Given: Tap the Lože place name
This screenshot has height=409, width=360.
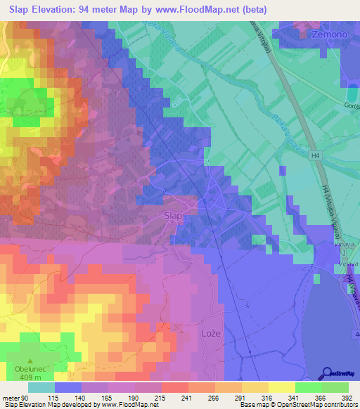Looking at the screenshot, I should coord(212,333).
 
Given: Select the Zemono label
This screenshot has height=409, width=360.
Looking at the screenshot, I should coord(314,34).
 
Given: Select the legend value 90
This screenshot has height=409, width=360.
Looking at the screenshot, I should coord(25,398).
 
